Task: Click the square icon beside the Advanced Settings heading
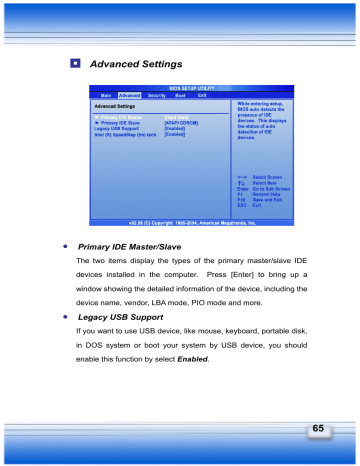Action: tap(76, 63)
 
